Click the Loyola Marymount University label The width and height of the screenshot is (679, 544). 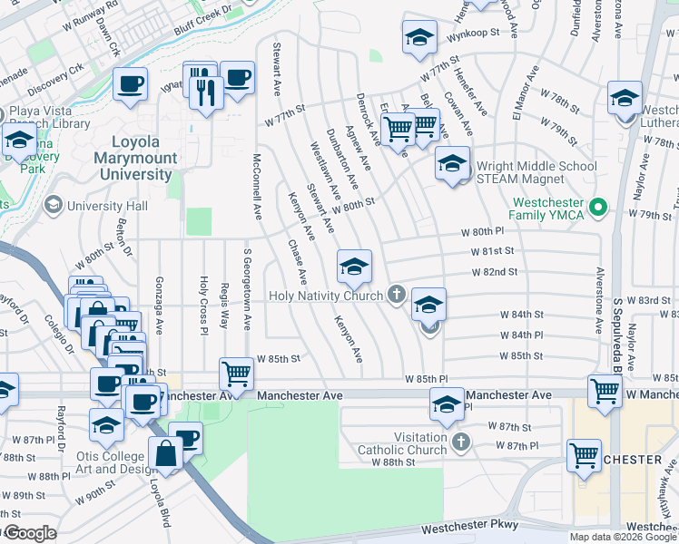(x=135, y=157)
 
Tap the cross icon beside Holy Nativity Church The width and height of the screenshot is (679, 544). (x=395, y=295)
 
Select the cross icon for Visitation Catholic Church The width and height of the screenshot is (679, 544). (x=460, y=442)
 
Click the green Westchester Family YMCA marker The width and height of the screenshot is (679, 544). (x=597, y=209)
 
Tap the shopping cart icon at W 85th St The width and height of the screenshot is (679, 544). (x=236, y=373)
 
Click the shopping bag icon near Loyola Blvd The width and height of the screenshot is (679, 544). (x=167, y=454)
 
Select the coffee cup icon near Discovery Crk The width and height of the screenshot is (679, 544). (x=130, y=84)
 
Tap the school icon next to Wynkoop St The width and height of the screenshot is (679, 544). (x=418, y=37)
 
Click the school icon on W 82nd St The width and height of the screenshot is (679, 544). (x=354, y=266)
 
